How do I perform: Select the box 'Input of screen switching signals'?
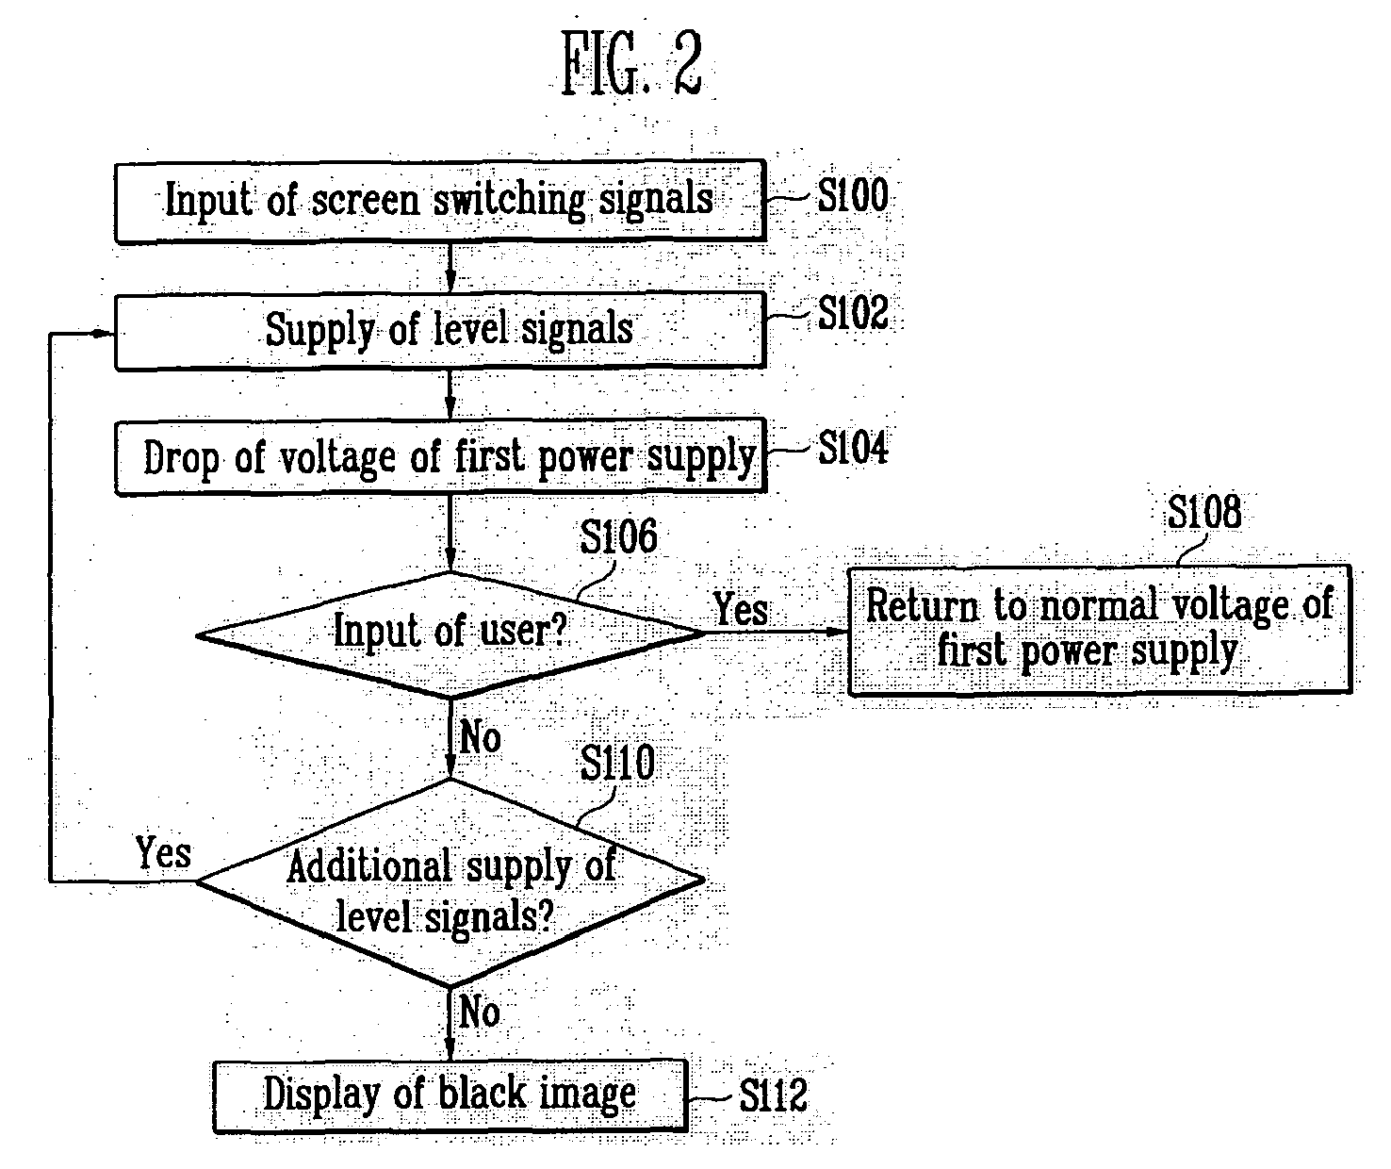pos(440,201)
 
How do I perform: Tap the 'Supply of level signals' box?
pos(440,331)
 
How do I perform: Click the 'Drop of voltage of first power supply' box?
pos(440,457)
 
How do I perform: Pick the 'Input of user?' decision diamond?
pos(450,634)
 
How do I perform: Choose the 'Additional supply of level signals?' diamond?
pos(450,881)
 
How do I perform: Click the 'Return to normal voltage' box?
pos(1100,630)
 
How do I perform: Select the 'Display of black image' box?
pos(450,1095)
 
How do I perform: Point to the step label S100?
pos(853,196)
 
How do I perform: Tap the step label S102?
pos(853,313)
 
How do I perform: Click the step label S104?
pos(853,447)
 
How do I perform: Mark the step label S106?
pos(618,536)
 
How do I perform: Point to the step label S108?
pos(1204,512)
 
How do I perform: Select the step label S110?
pos(617,763)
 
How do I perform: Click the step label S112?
pos(773,1095)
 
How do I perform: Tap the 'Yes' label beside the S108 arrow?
pos(741,608)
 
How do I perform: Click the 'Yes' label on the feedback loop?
pos(163,852)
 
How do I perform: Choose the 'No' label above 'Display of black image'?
pos(480,1013)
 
